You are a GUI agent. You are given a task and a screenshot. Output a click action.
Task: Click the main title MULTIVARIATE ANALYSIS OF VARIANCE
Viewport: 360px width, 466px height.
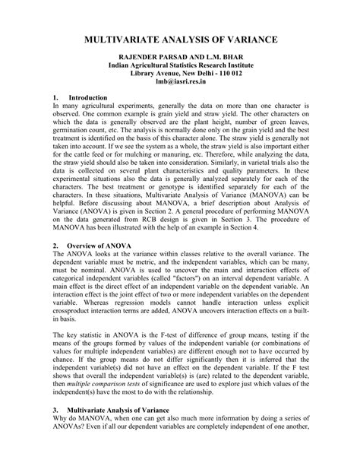[180, 38]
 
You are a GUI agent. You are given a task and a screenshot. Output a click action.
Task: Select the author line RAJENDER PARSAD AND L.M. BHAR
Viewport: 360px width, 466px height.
[180, 58]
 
